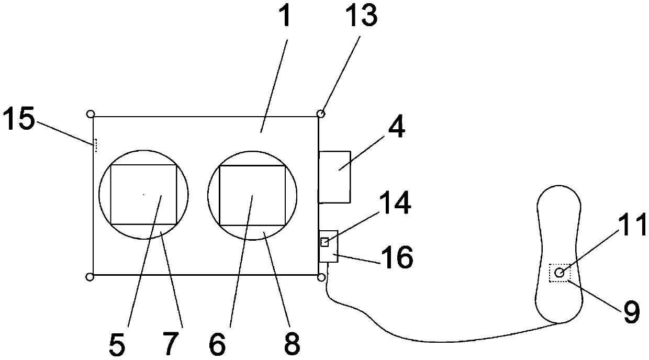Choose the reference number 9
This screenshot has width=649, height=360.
point(632,312)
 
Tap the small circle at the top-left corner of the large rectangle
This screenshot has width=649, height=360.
point(90,114)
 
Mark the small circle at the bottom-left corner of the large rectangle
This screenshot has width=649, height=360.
point(90,276)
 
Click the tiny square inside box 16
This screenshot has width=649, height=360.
point(324,242)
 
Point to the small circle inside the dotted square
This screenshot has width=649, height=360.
point(560,273)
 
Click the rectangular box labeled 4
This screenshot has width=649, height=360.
point(335,176)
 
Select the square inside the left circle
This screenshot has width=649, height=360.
point(143,194)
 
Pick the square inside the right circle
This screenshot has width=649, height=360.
point(252,195)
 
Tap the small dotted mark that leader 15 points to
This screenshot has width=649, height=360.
point(95,144)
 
